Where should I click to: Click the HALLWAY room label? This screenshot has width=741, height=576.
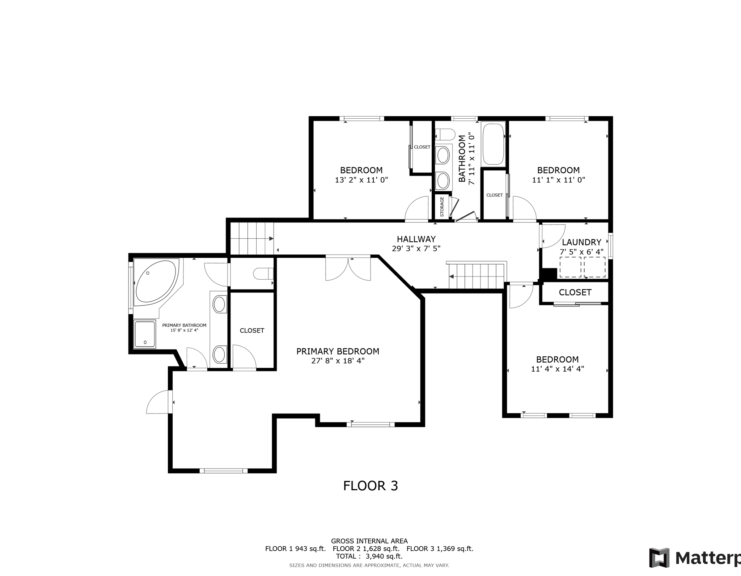click(x=416, y=239)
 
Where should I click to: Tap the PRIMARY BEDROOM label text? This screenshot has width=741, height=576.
click(x=338, y=351)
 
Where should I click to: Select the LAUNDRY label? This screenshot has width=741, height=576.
click(x=581, y=242)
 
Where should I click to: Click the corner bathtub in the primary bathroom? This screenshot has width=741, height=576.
click(x=155, y=281)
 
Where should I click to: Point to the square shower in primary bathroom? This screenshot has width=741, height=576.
click(x=145, y=334)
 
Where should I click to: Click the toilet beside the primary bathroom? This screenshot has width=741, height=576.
click(x=263, y=274)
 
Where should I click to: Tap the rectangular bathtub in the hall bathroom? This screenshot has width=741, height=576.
click(x=493, y=144)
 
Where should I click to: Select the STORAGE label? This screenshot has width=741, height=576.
click(x=442, y=207)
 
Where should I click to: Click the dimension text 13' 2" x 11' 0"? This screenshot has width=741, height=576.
click(x=361, y=180)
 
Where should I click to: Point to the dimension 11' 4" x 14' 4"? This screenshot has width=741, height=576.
click(x=558, y=369)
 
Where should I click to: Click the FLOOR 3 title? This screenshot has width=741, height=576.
click(x=370, y=486)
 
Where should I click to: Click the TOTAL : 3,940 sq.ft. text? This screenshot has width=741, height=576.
click(x=369, y=556)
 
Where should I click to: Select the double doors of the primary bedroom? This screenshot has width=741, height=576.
click(x=348, y=268)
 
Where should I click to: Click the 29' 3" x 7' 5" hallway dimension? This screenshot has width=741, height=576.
click(x=416, y=249)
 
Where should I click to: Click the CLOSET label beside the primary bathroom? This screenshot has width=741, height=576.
click(x=252, y=330)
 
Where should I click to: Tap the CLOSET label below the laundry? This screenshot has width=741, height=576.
click(x=575, y=292)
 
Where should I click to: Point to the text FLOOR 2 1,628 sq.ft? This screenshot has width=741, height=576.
click(x=367, y=549)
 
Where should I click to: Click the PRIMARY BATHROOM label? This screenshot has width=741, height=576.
click(x=184, y=325)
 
